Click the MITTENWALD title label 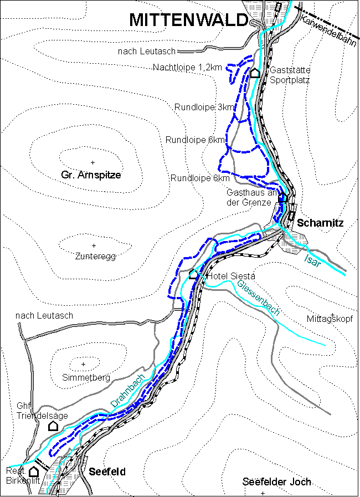coord(188,21)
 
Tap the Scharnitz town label coord(321,223)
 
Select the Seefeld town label coord(107,472)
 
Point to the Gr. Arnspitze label coord(91,175)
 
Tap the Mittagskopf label coord(329,319)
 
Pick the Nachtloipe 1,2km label coord(188,67)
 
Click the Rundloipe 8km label coord(200,178)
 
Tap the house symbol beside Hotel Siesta coord(194,274)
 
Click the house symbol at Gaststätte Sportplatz coord(255,73)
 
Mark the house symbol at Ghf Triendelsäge coord(53,426)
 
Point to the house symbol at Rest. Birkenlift coord(34,472)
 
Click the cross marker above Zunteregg coord(94,245)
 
